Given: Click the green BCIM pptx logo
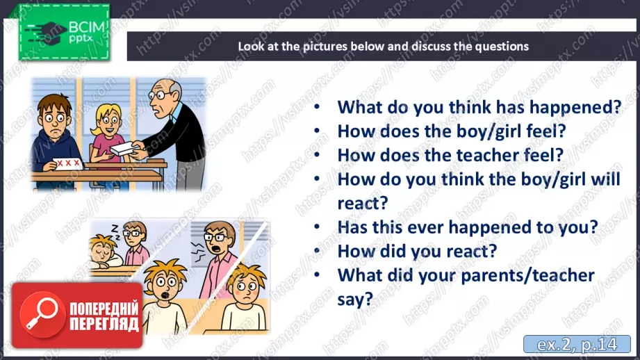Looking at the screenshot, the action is pos(64,32).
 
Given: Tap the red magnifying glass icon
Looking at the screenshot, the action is pos(42,314).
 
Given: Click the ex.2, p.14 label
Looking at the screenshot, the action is pos(577,345).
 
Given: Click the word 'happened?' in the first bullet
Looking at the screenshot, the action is pos(575,108).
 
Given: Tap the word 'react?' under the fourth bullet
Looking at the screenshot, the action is pos(363,203).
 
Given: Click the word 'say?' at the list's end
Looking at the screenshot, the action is pos(355,299).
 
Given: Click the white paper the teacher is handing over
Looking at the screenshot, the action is pos(123,149).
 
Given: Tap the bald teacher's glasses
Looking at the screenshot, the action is pos(160,95).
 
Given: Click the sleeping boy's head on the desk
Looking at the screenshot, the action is pos(103,249).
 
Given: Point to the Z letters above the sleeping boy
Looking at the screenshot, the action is pos(115,231).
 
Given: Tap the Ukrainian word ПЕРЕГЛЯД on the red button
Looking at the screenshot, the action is pos(104,324).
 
